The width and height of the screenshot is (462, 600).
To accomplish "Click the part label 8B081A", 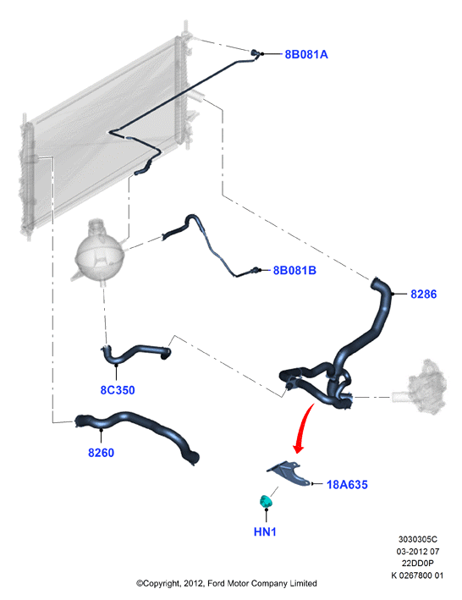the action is pyautogui.click(x=306, y=54).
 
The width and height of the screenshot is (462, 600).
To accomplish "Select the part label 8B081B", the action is pyautogui.click(x=294, y=271).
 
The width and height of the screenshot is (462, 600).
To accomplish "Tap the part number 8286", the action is pyautogui.click(x=423, y=294).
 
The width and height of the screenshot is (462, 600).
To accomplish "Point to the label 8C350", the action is pyautogui.click(x=118, y=390).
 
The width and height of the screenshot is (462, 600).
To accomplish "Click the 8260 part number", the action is pyautogui.click(x=101, y=453).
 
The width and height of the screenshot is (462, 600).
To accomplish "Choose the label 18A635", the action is pyautogui.click(x=347, y=484).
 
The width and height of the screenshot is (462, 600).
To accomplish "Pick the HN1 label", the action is pyautogui.click(x=265, y=531).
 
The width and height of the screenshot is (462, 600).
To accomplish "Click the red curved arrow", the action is pyautogui.click(x=305, y=427).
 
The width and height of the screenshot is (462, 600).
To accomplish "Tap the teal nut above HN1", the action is pyautogui.click(x=265, y=501).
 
